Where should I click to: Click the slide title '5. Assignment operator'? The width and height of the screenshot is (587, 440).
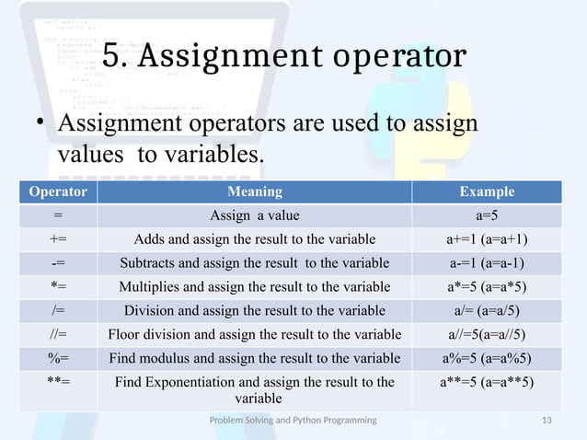pyautogui.click(x=283, y=56)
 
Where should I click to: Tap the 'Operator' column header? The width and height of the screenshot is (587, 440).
pyautogui.click(x=59, y=192)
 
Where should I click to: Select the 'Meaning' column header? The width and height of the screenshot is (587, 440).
pyautogui.click(x=255, y=192)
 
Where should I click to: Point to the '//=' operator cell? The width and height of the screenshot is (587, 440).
pyautogui.click(x=59, y=333)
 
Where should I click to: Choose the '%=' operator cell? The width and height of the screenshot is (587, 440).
pyautogui.click(x=59, y=357)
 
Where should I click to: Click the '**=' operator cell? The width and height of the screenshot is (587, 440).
pyautogui.click(x=59, y=381)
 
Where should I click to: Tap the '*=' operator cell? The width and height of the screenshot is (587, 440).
pyautogui.click(x=59, y=285)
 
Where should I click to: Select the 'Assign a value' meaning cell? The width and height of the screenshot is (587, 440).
pyautogui.click(x=255, y=216)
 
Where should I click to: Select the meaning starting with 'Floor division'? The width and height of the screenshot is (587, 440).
pyautogui.click(x=255, y=333)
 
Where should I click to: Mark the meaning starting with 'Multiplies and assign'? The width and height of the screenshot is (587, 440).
pyautogui.click(x=255, y=285)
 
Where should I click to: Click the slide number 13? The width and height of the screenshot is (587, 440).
pyautogui.click(x=547, y=420)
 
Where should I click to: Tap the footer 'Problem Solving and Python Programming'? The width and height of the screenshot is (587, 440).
pyautogui.click(x=293, y=420)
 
